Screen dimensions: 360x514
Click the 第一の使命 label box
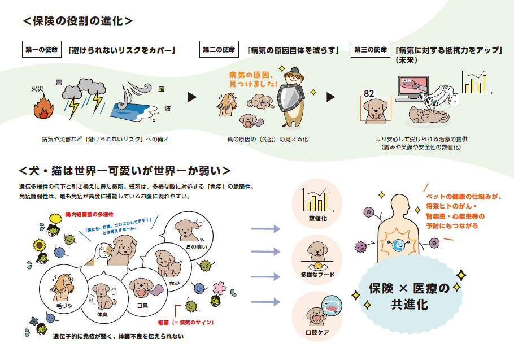point(42,50)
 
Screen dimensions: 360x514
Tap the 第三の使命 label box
point(371,50)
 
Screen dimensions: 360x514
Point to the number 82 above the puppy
point(369,93)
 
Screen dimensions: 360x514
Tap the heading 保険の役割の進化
point(78,21)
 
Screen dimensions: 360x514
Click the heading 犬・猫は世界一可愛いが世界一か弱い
point(124,170)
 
